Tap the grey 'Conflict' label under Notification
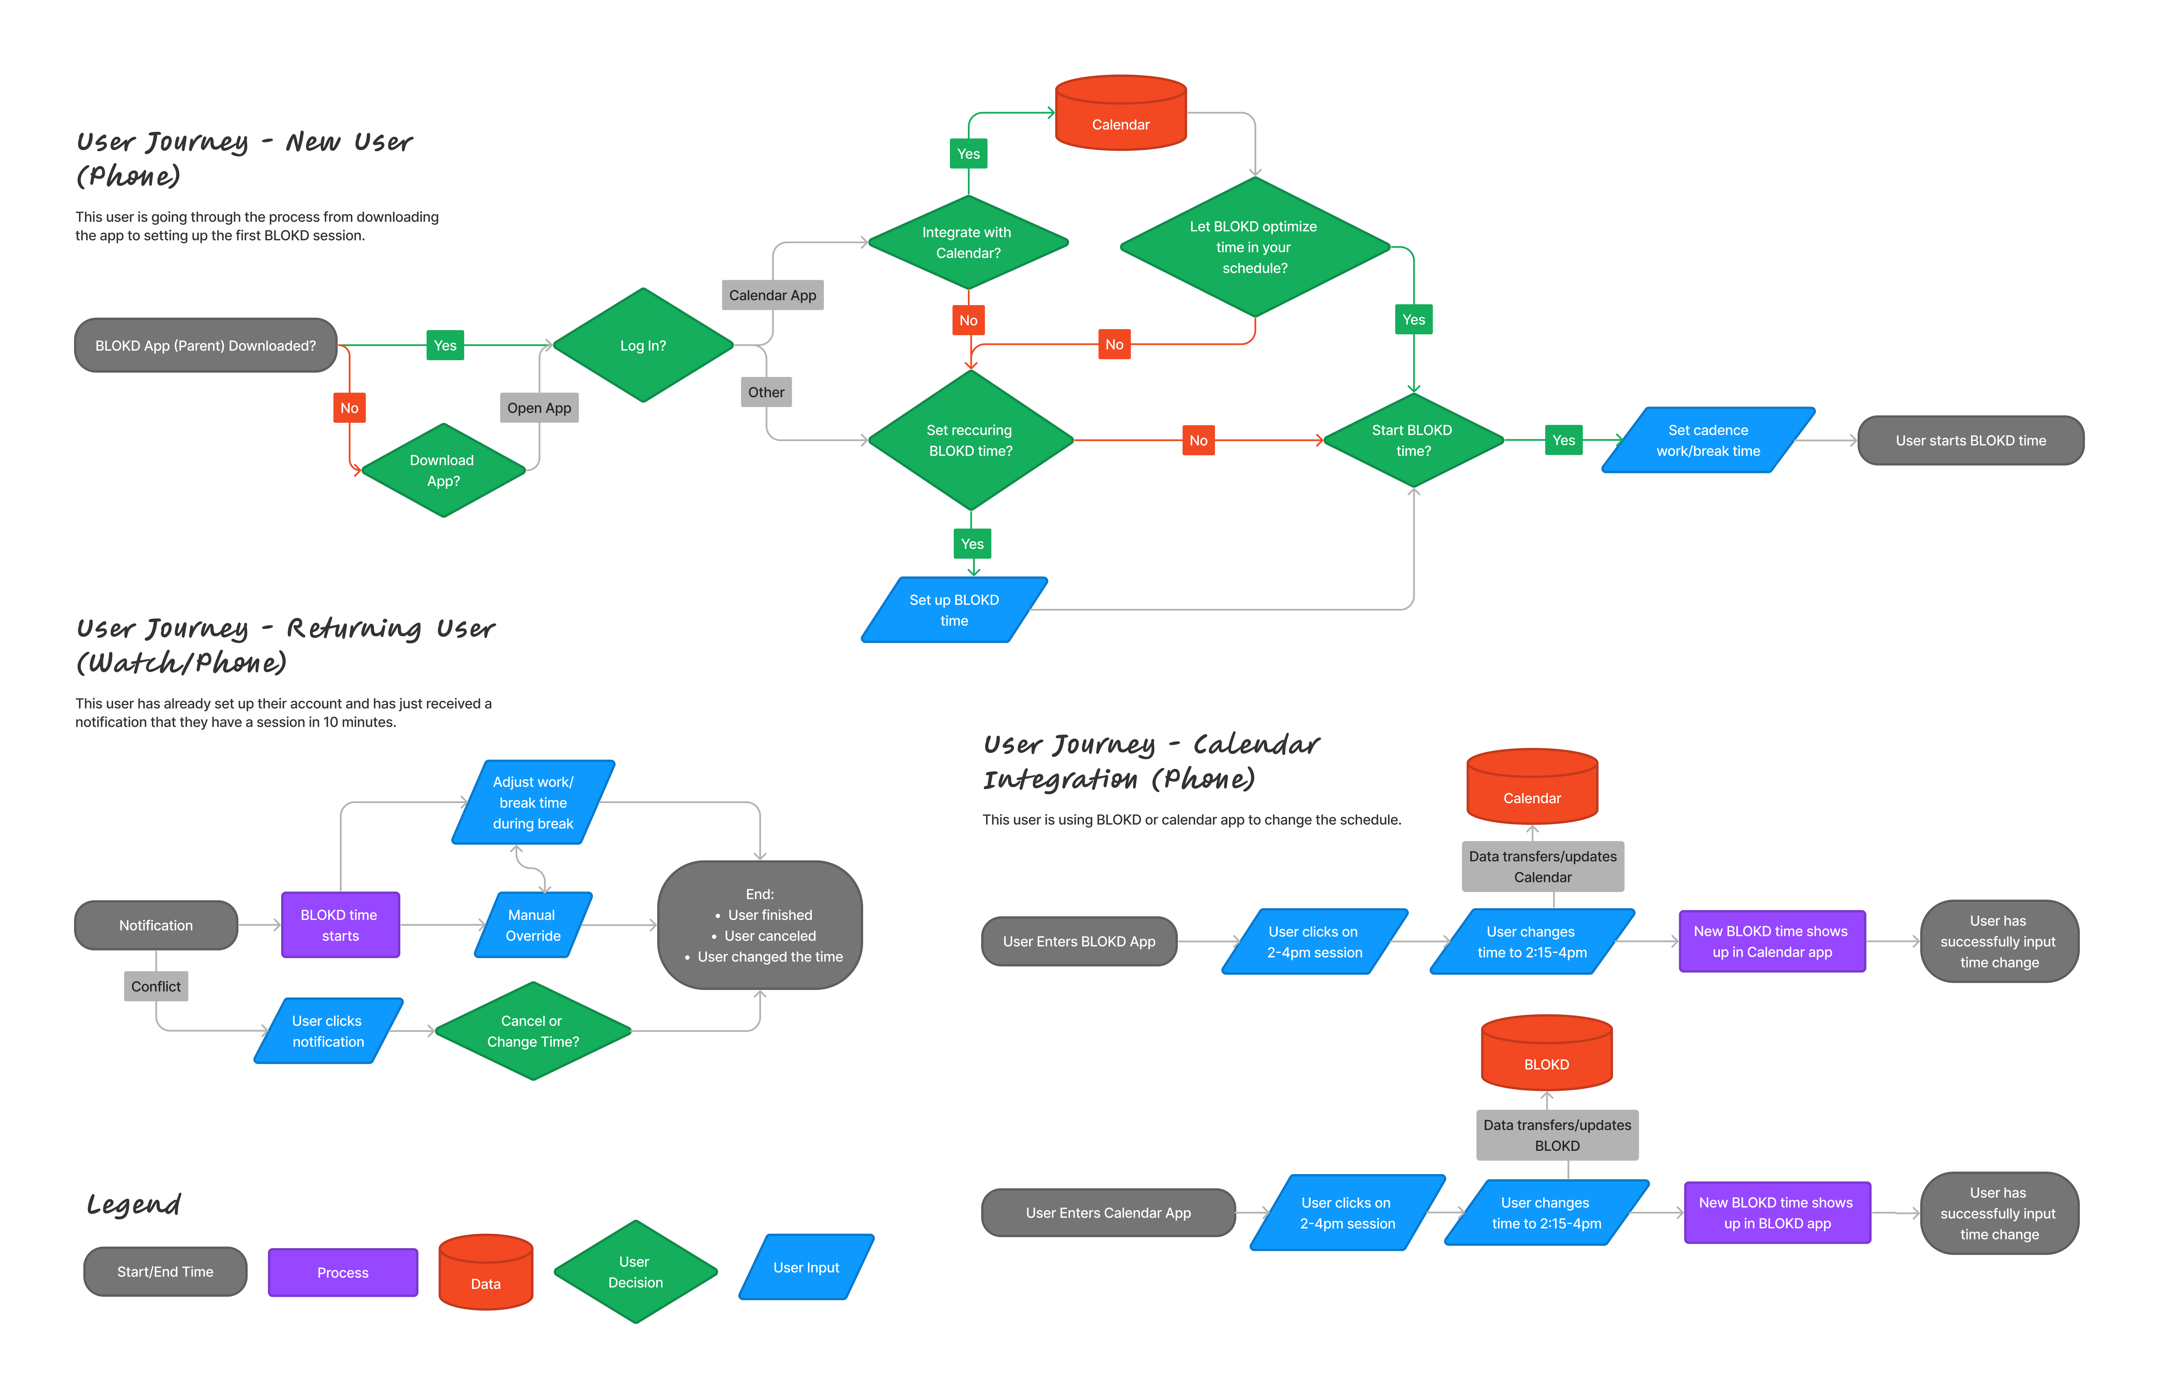(156, 986)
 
